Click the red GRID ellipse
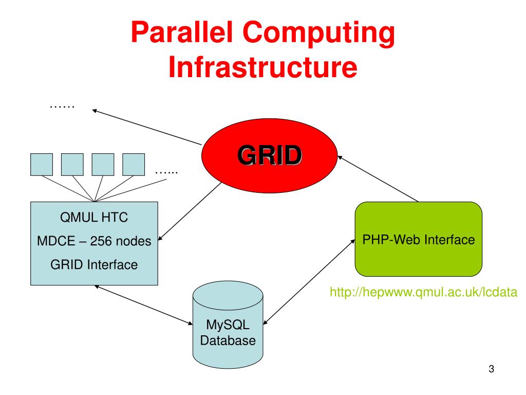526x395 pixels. [x=269, y=155]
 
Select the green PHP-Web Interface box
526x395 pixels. [x=418, y=239]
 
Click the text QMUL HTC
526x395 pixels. [x=94, y=218]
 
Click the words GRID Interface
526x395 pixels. [x=94, y=265]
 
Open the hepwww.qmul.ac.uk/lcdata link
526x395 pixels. [x=423, y=292]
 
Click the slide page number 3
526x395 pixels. [x=492, y=369]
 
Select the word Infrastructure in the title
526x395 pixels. [x=262, y=67]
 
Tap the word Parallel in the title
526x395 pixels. [x=181, y=32]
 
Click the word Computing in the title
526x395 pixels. [x=318, y=33]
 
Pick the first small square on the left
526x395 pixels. [x=42, y=165]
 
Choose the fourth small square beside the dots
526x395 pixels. [x=134, y=165]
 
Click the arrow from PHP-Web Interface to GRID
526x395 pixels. [x=378, y=178]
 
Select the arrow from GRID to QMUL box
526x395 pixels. [x=190, y=211]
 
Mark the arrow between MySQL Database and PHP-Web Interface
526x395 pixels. [x=309, y=282]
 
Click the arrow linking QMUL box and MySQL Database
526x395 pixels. [x=143, y=305]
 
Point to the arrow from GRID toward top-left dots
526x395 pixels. [x=146, y=127]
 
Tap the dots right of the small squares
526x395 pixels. [x=166, y=173]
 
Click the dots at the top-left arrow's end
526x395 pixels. [x=62, y=107]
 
